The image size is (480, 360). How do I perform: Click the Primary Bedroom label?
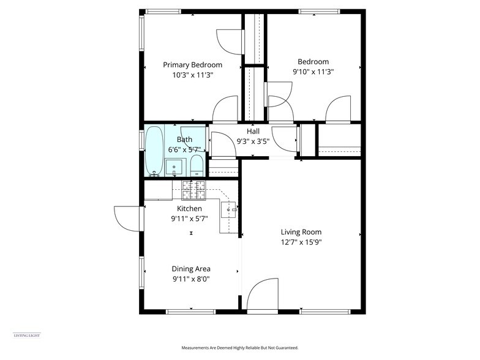tap(192, 65)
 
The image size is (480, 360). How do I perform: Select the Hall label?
tap(253, 132)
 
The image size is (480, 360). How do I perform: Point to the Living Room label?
tap(301, 232)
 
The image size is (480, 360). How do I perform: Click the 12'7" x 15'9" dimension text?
tap(301, 242)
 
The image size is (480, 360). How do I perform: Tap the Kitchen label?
tap(189, 209)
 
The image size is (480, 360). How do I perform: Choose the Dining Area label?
tap(191, 269)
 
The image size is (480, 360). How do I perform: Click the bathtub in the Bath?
tap(154, 151)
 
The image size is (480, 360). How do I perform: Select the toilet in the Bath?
tap(197, 165)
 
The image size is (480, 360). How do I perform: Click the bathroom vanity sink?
tap(173, 167)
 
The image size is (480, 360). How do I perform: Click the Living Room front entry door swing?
tap(263, 295)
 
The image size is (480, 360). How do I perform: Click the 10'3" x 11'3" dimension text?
tap(192, 75)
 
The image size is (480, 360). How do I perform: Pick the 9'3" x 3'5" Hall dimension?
tap(253, 141)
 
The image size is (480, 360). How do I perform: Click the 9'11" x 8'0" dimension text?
tap(191, 279)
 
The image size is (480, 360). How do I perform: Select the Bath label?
tap(184, 140)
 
